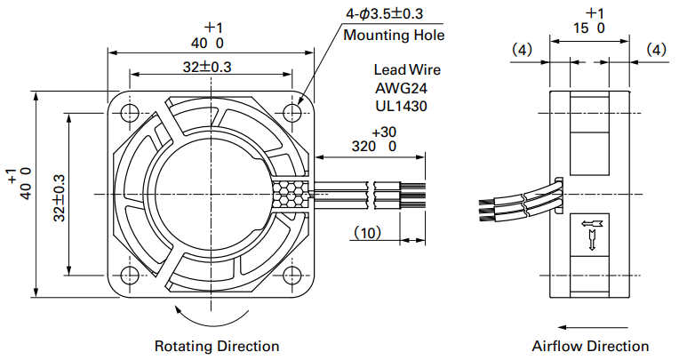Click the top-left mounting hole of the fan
click(x=130, y=113)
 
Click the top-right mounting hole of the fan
click(x=292, y=113)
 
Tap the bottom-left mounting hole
click(x=130, y=275)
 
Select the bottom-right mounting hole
click(x=292, y=275)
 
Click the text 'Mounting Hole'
click(x=394, y=35)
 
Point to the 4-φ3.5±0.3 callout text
click(x=384, y=14)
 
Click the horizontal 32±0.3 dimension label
click(x=207, y=68)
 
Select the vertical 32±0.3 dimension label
click(x=59, y=197)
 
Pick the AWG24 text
click(x=401, y=88)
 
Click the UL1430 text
click(x=401, y=106)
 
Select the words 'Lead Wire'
click(x=407, y=69)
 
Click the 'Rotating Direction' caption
click(x=217, y=346)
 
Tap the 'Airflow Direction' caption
click(x=590, y=346)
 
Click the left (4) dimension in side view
click(x=522, y=50)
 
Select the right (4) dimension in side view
click(x=656, y=50)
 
